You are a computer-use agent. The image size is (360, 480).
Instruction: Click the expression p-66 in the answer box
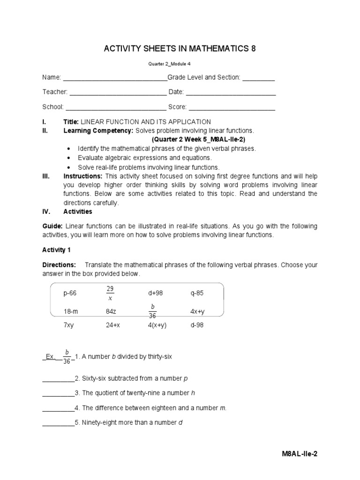point(70,293)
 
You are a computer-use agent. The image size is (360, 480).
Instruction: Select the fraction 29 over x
point(110,293)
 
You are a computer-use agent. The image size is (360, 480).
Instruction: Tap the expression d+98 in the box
point(155,293)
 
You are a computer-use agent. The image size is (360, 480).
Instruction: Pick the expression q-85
point(197,293)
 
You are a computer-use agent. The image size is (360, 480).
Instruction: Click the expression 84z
point(112,311)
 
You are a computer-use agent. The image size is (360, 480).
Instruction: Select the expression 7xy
point(69,325)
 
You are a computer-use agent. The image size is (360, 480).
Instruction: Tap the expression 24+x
point(113,325)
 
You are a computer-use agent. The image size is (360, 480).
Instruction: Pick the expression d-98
point(197,325)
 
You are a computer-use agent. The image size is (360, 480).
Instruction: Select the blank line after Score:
point(232,109)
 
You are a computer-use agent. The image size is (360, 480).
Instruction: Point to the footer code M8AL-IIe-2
point(302,454)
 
